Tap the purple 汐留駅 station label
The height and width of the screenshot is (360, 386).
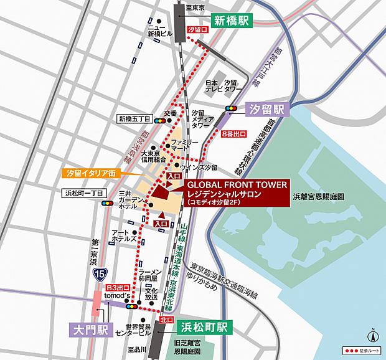pos(268,109)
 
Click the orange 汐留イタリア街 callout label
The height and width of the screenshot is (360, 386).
pos(90,172)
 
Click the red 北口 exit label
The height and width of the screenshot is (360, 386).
pos(166,320)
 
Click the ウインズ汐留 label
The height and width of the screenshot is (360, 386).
pos(198,168)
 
